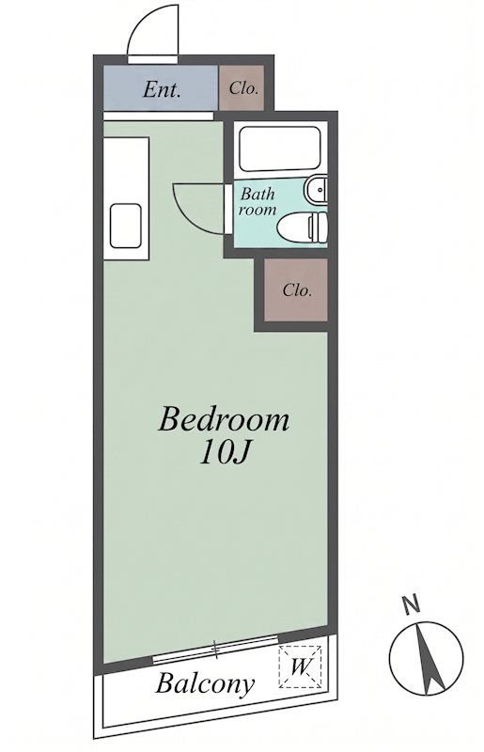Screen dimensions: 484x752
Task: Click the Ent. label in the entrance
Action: (162, 89)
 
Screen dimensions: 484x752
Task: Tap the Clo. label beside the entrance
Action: (244, 88)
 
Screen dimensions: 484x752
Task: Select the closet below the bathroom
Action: (295, 290)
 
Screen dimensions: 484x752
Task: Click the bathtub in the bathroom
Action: (280, 149)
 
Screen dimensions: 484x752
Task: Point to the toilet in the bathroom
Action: (303, 227)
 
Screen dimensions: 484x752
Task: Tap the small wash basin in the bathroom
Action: (315, 191)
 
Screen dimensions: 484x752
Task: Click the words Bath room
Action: (258, 202)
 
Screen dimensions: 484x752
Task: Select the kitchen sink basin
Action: (126, 226)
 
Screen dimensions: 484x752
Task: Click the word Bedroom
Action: (224, 419)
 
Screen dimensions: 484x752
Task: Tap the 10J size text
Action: (225, 452)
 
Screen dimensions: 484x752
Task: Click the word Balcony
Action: (204, 683)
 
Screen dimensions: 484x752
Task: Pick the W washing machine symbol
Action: (300, 667)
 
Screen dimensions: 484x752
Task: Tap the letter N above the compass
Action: (410, 604)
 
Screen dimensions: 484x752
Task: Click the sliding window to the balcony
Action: (215, 649)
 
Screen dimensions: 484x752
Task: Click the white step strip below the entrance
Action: (158, 116)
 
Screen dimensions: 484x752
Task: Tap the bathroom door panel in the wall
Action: (228, 209)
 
